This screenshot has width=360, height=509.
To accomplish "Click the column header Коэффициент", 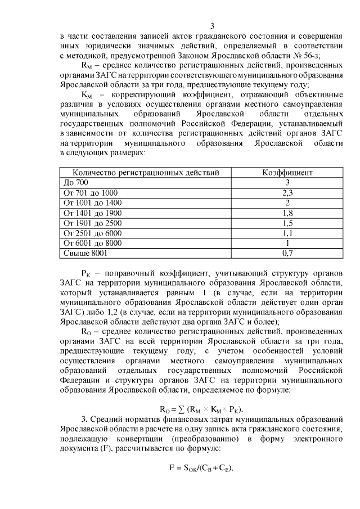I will (x=287, y=173).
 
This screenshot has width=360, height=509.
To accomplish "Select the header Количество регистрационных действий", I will (x=146, y=173).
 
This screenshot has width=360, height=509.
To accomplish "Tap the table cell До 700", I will (x=76, y=183).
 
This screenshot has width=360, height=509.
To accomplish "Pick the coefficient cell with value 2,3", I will (x=287, y=193).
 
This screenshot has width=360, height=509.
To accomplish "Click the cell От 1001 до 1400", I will (x=93, y=203).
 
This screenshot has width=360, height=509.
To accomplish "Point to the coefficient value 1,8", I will (x=287, y=213).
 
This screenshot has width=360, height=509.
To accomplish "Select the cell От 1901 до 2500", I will (x=93, y=223).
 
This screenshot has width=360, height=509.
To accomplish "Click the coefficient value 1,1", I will (x=287, y=233).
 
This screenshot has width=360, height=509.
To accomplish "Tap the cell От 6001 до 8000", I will (x=93, y=244).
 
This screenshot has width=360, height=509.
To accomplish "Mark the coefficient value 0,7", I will (x=287, y=254).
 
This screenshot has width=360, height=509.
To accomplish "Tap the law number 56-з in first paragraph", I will (x=307, y=55).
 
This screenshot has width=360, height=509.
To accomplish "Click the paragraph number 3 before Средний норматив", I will (x=84, y=420).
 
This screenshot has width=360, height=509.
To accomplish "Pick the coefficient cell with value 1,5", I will (x=287, y=223).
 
